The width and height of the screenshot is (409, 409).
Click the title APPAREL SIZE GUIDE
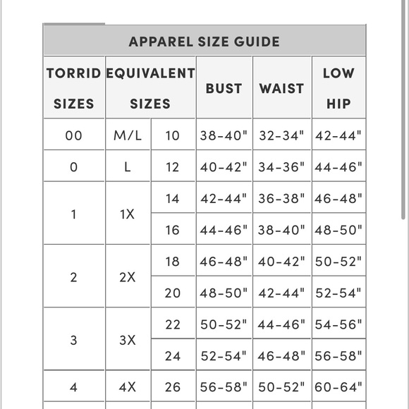pos(204,42)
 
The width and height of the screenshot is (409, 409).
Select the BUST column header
pos(224,88)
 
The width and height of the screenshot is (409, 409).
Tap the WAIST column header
pos(282,88)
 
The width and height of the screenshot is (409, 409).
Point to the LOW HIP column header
pos(338,88)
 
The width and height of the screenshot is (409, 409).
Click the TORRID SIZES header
pos(74,88)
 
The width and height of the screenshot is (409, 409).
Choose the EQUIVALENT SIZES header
pos(150,88)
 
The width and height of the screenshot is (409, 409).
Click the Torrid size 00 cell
pos(74,135)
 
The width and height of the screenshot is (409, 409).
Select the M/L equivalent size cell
pos(128,135)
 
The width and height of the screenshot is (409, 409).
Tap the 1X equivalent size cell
pos(128,214)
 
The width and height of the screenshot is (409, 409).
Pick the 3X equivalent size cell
pos(128,340)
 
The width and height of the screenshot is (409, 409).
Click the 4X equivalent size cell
pos(128,386)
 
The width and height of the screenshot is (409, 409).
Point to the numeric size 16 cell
pos(173,230)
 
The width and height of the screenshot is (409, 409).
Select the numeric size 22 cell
pos(173,324)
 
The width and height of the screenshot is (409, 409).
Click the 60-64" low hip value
pos(338,386)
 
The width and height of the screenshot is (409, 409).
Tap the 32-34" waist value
pos(282,135)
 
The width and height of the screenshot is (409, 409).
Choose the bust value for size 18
pos(224,261)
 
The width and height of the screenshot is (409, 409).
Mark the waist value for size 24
pos(282,356)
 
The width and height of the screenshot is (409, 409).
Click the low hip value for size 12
pos(338,167)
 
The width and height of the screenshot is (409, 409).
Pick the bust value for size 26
pos(224,386)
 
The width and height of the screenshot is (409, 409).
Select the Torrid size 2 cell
pos(74,277)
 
